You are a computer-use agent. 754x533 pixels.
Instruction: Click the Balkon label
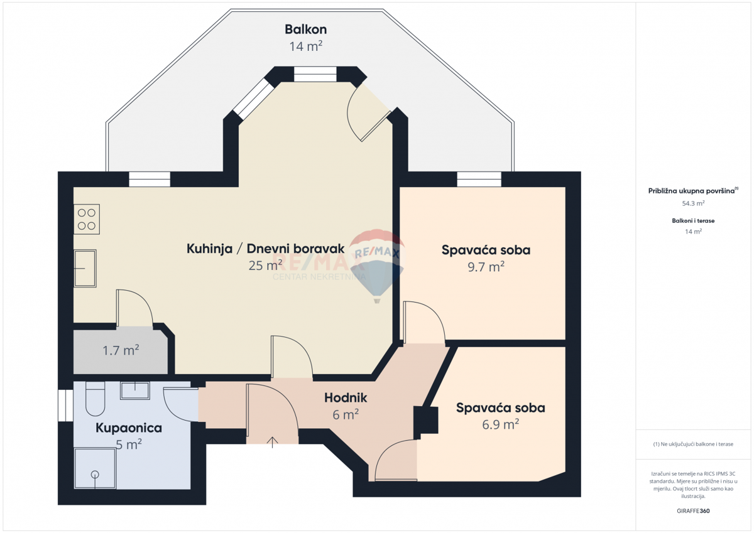(305, 30)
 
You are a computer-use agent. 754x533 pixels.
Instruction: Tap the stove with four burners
(86, 219)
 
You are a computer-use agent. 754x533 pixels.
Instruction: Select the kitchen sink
(85, 268)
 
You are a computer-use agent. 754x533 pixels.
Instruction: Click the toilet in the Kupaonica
(94, 401)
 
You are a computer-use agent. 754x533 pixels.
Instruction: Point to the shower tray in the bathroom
(95, 468)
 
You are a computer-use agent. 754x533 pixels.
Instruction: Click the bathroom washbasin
(135, 390)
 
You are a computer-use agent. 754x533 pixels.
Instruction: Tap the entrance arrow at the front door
(272, 441)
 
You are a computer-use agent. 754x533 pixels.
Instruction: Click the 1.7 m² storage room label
(121, 350)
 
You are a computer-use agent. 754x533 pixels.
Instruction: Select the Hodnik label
(345, 397)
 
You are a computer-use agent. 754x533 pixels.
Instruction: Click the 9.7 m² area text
(486, 266)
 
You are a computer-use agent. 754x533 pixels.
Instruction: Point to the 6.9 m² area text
(500, 424)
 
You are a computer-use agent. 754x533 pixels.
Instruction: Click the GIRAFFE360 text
(692, 511)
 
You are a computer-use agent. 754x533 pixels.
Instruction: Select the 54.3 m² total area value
(693, 203)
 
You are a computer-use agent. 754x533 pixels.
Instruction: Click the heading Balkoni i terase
(693, 220)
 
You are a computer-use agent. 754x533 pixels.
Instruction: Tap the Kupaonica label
(128, 428)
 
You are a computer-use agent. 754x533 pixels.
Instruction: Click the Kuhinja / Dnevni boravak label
(265, 249)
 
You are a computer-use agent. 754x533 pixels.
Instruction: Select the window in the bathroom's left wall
(62, 405)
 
